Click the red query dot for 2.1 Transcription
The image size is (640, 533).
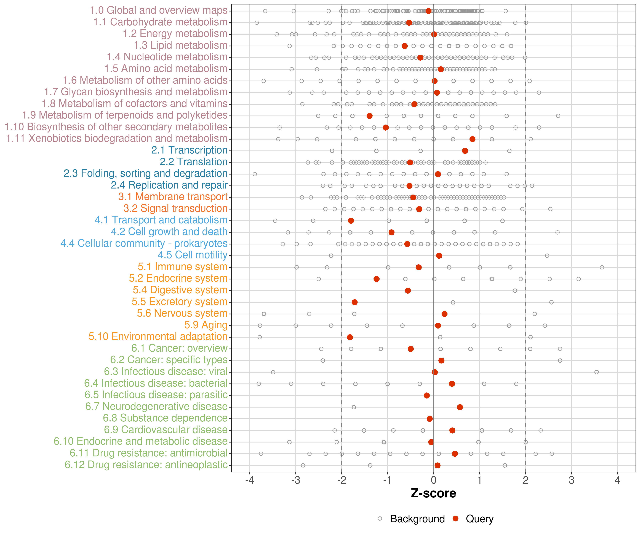point(465,151)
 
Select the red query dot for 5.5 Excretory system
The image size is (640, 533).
point(354,302)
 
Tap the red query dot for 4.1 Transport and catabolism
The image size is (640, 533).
point(351,220)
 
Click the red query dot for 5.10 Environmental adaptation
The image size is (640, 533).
point(350,337)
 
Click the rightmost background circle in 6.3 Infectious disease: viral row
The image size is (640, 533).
point(596,372)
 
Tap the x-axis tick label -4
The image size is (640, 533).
point(250,481)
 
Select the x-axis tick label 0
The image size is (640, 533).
point(433,481)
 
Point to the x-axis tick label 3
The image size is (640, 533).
point(571,481)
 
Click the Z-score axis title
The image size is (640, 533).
point(433,493)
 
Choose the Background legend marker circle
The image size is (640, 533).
point(380,519)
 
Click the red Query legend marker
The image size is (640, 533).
point(456,519)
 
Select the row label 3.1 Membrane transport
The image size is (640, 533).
point(173,197)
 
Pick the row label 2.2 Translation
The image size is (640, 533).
point(194,162)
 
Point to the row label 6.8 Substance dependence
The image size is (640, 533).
point(165,418)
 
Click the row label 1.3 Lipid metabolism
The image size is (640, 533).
point(180,45)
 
